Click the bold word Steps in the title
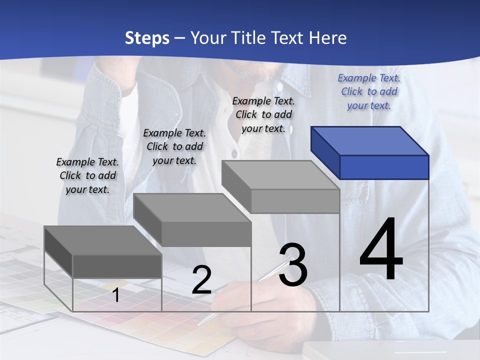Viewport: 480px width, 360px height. click(x=147, y=38)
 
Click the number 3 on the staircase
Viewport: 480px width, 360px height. click(x=293, y=265)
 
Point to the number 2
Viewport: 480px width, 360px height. click(x=201, y=279)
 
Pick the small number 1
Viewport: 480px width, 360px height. click(x=116, y=295)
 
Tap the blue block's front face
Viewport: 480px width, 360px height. click(x=384, y=167)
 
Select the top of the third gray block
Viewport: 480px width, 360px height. click(x=280, y=175)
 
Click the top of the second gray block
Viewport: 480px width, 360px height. click(x=192, y=207)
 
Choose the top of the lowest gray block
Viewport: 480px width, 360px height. click(x=103, y=240)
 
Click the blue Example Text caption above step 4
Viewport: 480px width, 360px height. click(x=369, y=91)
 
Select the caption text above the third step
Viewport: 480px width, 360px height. click(x=263, y=114)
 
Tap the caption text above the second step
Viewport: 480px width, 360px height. click(x=174, y=146)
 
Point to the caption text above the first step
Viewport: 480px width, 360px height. click(x=87, y=175)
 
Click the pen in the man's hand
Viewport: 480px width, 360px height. click(x=235, y=295)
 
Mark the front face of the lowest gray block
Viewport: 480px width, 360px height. click(x=117, y=266)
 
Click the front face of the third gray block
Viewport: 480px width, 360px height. click(x=295, y=201)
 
